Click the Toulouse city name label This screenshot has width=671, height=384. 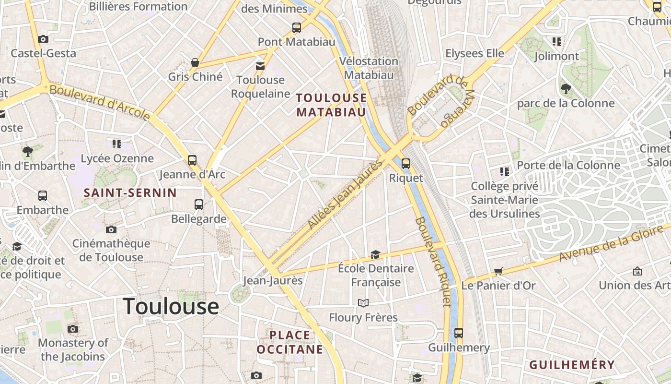[171, 306]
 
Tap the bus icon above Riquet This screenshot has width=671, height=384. [406, 164]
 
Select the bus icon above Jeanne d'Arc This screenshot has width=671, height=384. [192, 160]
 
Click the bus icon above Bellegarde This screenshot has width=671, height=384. [199, 204]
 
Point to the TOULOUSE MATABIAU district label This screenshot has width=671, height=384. [331, 105]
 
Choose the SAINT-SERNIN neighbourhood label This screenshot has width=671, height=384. [130, 193]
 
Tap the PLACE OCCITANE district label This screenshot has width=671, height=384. [290, 342]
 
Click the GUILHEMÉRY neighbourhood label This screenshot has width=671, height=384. [572, 365]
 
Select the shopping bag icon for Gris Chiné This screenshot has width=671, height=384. [195, 62]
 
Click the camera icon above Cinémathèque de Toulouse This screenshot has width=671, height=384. [111, 230]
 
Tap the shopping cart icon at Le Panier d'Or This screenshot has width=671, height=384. [498, 272]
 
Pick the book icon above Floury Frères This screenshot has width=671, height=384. [363, 303]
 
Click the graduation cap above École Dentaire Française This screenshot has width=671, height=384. [375, 254]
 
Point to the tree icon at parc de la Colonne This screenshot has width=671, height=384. [566, 89]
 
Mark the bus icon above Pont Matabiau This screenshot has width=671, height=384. [297, 28]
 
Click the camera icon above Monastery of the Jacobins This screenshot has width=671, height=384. [73, 329]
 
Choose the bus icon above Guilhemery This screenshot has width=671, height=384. [459, 333]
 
